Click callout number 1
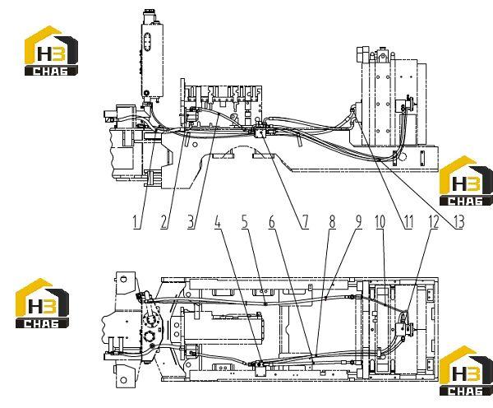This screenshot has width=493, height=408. coord(136,222)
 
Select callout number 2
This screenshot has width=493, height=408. coord(164,222)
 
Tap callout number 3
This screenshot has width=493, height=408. coord(191,222)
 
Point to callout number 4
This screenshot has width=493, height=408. coord(218,222)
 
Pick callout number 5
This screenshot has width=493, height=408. coord(245,222)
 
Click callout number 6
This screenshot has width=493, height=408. coord(272,222)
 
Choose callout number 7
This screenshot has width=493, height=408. coord(306,222)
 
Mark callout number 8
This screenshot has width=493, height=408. coord(332,222)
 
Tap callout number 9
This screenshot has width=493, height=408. coord(359,222)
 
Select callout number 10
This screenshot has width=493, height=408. coord(380,222)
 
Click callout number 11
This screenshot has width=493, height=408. coord(408,222)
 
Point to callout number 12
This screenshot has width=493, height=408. coord(434,222)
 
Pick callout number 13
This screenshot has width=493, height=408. coord(458,222)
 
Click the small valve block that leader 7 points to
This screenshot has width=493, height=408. coord(260,132)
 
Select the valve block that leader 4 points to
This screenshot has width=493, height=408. coord(260,369)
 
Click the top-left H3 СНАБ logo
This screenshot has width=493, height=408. coord(51,51)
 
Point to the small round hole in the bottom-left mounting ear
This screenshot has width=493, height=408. coord(123,380)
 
